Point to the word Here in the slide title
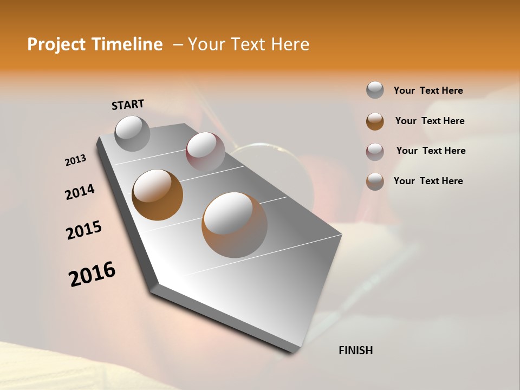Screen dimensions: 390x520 coord(289,44)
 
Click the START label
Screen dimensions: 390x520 coord(128,105)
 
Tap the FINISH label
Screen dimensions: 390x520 coord(355,350)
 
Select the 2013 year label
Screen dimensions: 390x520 coord(75,160)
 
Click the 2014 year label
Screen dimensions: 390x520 coord(80,192)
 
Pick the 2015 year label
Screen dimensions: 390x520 coord(84,230)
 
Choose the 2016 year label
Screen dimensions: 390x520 coord(92,274)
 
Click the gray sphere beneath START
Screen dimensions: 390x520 coord(132,133)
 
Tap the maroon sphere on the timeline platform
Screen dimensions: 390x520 coord(205,152)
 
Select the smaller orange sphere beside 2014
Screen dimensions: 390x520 coord(158,195)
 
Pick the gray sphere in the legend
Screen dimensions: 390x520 coord(375,90)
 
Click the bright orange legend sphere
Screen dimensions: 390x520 coord(375,121)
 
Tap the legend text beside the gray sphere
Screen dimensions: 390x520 coord(428,90)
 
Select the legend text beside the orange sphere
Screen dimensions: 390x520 coord(430,121)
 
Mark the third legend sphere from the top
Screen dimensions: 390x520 coord(375,152)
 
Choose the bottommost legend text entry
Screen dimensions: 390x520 coord(428,181)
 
